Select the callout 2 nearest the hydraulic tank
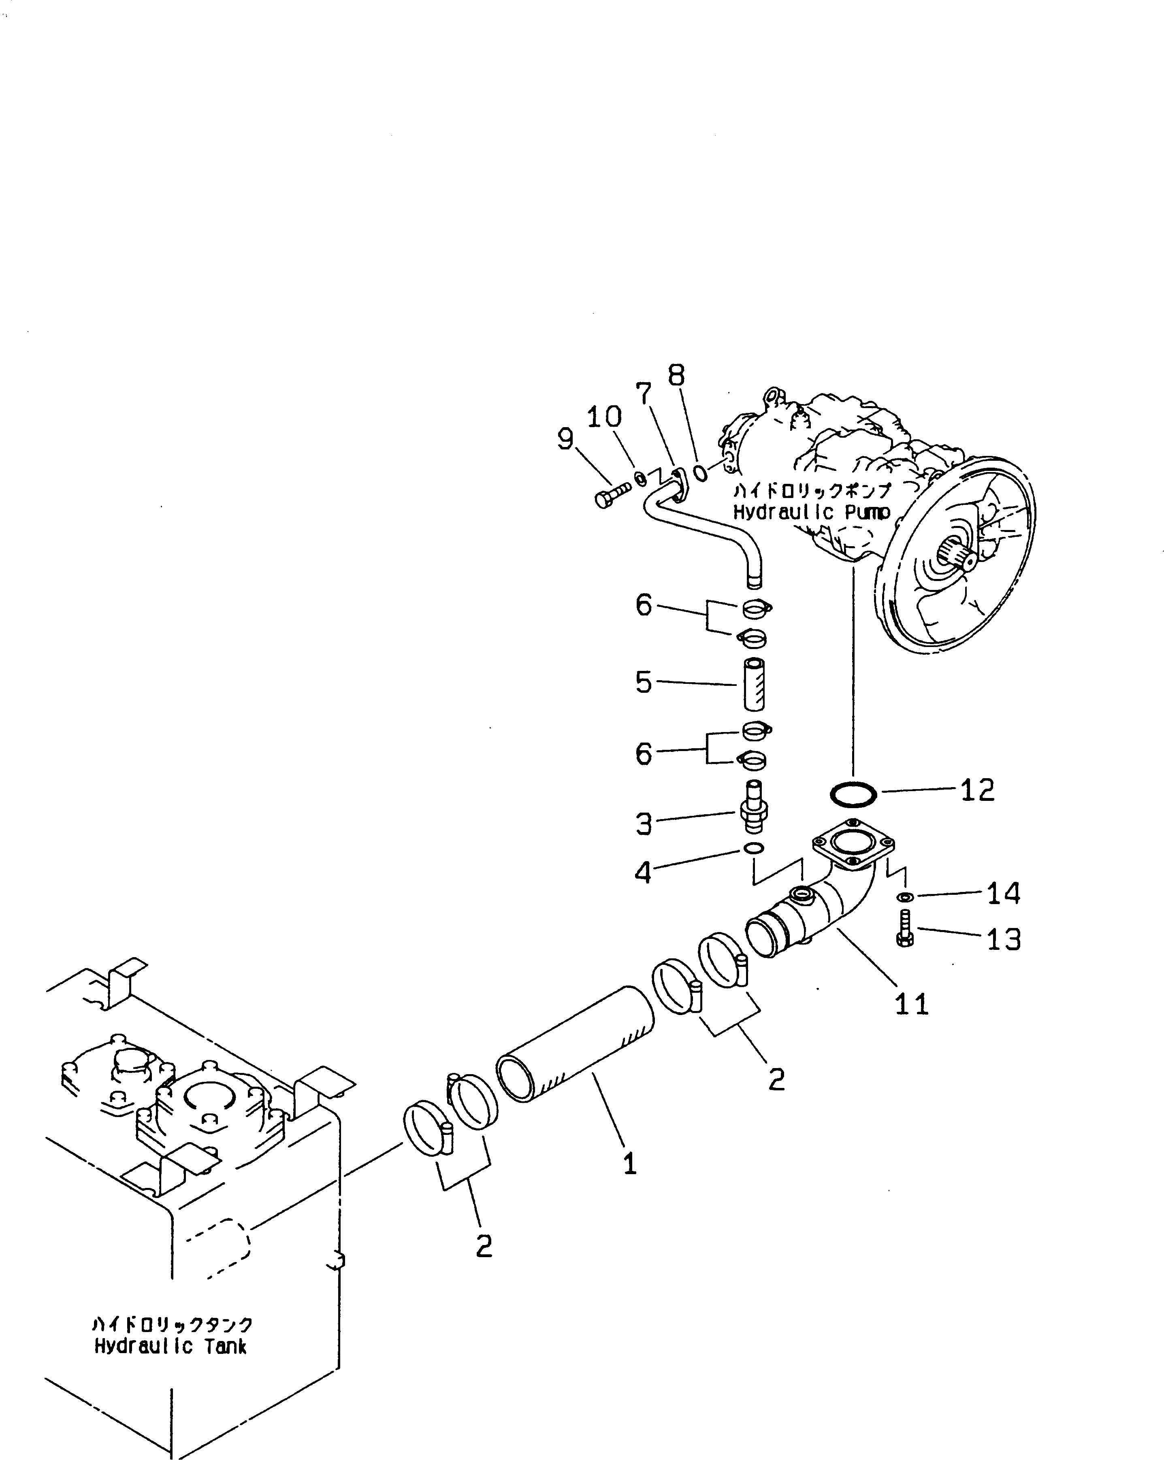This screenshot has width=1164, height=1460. coord(483,1246)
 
